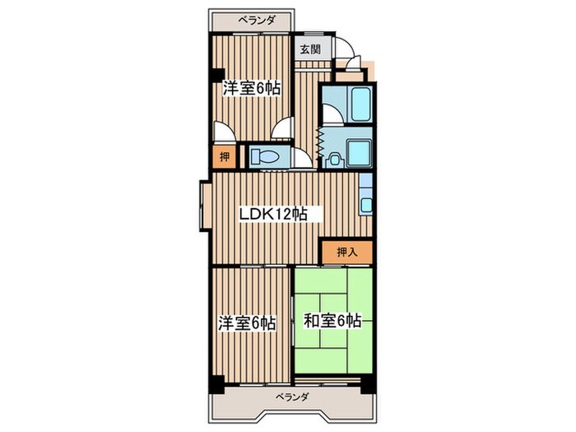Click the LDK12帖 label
[273, 215]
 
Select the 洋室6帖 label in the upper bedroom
[250, 88]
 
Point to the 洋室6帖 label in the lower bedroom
[246, 323]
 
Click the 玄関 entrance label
[310, 49]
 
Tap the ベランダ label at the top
[257, 19]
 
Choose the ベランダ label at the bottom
[292, 397]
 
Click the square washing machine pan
[360, 153]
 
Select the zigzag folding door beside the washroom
[318, 144]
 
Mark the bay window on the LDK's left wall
[202, 205]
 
